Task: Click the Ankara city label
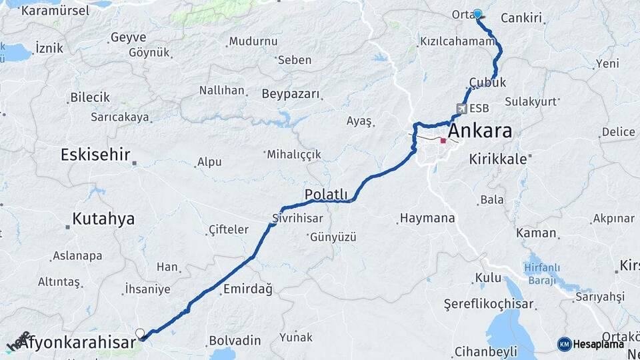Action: (x=480, y=130)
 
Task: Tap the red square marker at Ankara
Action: (x=443, y=141)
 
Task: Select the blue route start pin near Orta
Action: (x=477, y=13)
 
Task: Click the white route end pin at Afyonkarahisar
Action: (x=140, y=333)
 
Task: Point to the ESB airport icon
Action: (x=462, y=109)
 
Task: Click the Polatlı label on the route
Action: (x=327, y=194)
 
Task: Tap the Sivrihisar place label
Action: (x=297, y=218)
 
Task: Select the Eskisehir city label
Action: (x=95, y=155)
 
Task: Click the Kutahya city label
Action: (x=103, y=219)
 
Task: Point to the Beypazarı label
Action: (x=291, y=93)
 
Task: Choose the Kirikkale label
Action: (x=498, y=159)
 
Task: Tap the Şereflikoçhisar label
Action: (x=489, y=304)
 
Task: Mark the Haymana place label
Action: (x=427, y=218)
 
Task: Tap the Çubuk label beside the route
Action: (x=487, y=83)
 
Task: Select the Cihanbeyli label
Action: (x=485, y=351)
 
